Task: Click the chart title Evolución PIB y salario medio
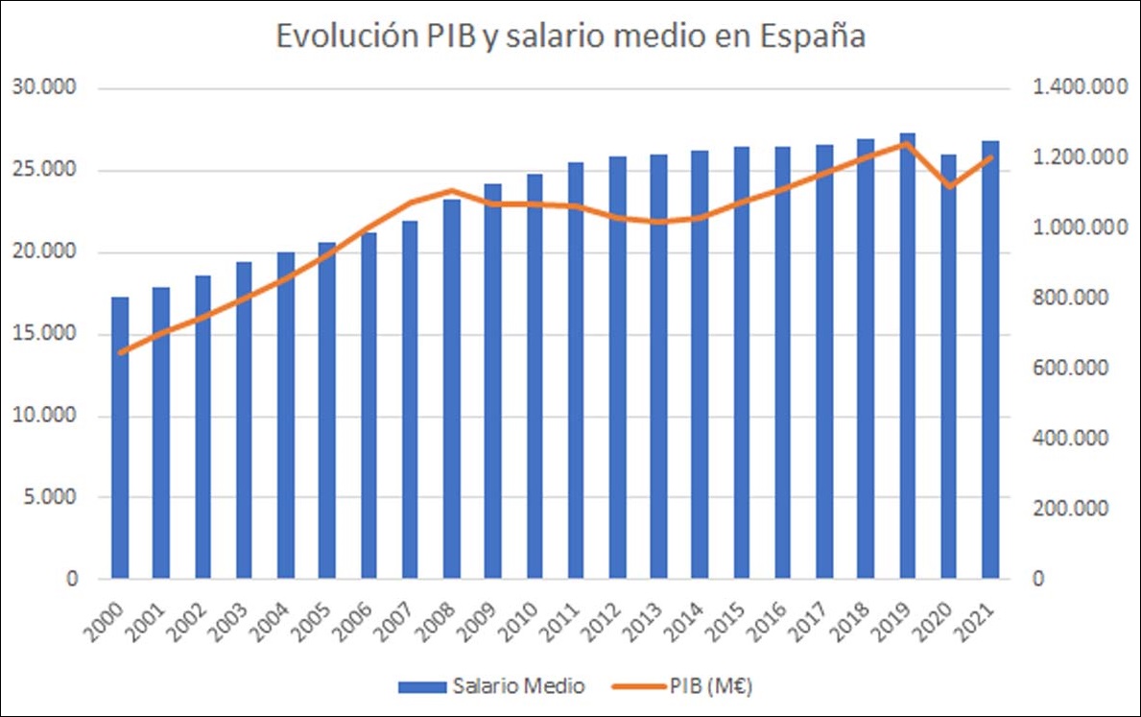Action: [571, 36]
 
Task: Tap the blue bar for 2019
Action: [907, 356]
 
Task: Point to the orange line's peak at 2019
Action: [907, 143]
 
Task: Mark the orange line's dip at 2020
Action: [948, 186]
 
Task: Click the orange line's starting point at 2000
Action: [120, 352]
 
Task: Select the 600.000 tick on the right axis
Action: [1071, 369]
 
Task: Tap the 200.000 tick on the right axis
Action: [1071, 509]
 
